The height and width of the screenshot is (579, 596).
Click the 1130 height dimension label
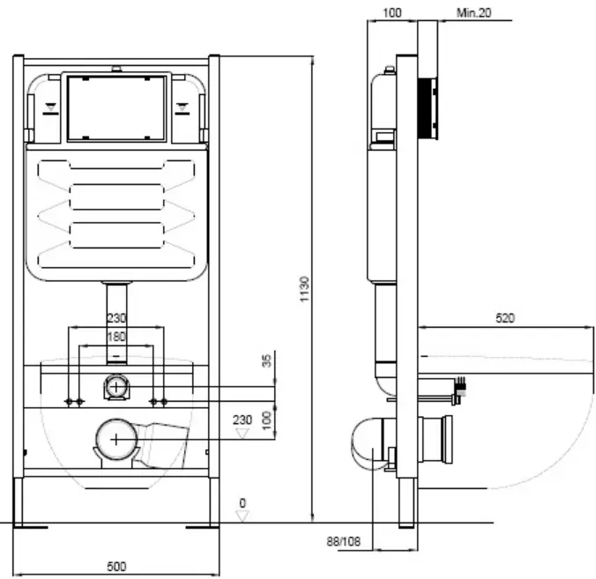(304, 289)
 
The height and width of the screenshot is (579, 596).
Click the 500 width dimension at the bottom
(116, 567)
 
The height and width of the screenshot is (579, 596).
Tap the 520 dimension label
(505, 317)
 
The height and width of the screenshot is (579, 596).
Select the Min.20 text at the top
(473, 13)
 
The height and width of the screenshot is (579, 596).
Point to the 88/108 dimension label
(344, 541)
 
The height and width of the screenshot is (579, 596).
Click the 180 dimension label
(116, 337)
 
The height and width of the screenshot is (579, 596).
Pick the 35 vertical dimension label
(267, 360)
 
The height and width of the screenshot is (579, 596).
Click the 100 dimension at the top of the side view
(391, 13)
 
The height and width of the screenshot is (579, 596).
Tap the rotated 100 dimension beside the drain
(267, 419)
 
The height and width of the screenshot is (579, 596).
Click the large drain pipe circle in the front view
(116, 440)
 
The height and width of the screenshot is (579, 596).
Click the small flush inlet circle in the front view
(116, 387)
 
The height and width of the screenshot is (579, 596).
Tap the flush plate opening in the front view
(116, 108)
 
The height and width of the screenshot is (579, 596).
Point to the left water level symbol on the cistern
(50, 108)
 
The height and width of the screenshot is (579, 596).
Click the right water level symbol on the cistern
(183, 108)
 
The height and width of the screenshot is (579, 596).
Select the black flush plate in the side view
(428, 108)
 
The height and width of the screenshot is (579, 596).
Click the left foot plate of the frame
(30, 527)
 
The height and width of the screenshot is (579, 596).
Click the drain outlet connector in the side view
(436, 440)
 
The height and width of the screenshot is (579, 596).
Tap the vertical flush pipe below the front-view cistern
(116, 323)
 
